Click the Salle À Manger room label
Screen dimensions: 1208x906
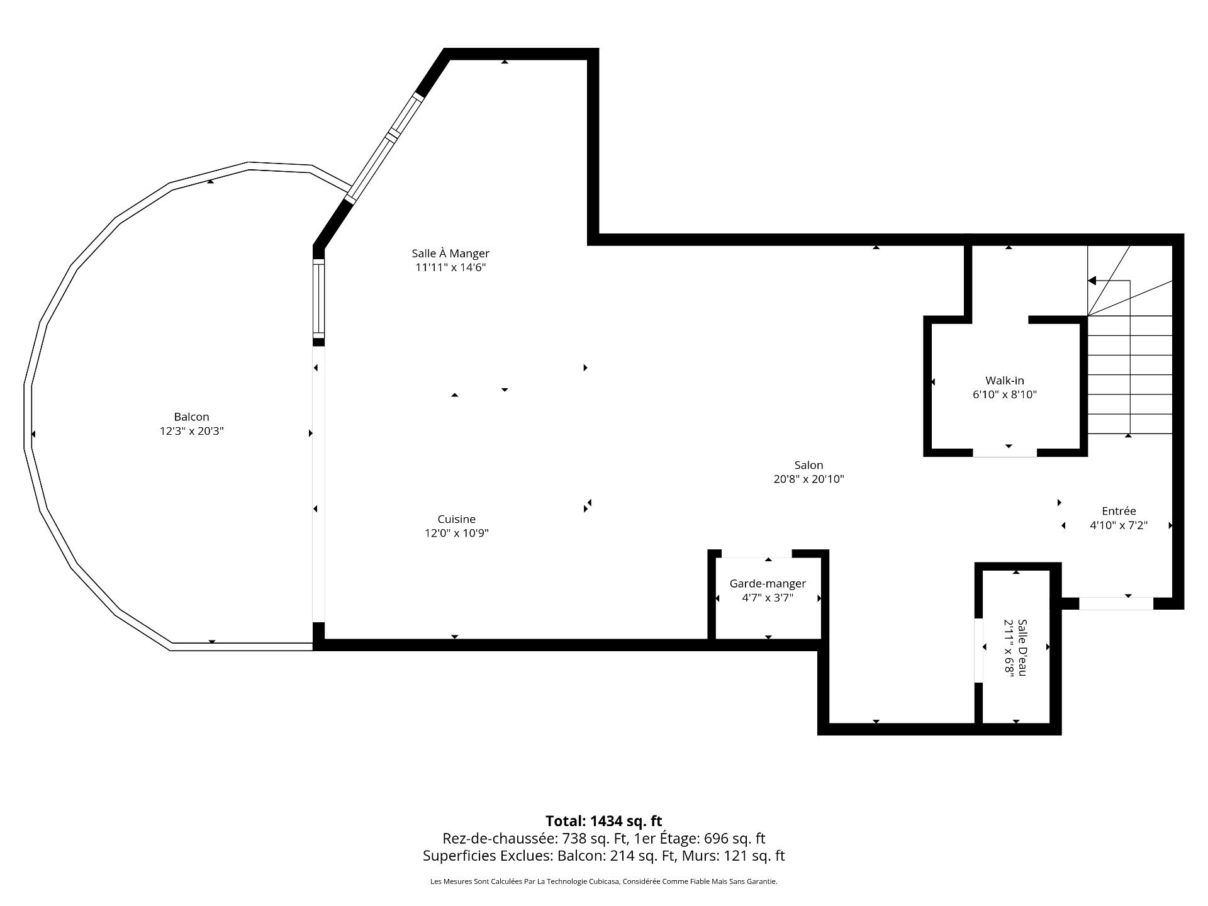[x=450, y=254]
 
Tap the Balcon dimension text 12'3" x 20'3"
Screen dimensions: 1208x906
[x=192, y=431]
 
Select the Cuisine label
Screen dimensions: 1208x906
[x=457, y=519]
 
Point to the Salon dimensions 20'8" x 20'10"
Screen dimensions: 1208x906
[x=808, y=479]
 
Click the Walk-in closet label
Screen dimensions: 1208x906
[x=1005, y=380]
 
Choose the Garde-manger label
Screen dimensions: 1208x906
[x=768, y=584]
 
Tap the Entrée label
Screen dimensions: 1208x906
[x=1119, y=511]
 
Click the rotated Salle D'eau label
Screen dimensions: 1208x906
[x=1022, y=647]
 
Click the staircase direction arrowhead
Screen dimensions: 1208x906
[x=1092, y=281]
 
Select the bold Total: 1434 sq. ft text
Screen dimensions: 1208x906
[x=603, y=820]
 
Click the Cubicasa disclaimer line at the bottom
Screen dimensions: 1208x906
[x=603, y=881]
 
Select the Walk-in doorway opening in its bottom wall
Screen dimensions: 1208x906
[x=1005, y=452]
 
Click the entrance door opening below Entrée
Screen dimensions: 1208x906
[x=1116, y=603]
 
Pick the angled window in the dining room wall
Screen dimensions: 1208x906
[x=384, y=147]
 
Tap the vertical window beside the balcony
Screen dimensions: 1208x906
[x=319, y=299]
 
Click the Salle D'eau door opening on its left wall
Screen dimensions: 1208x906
[x=978, y=651]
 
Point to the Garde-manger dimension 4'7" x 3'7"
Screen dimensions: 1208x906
[x=768, y=598]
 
